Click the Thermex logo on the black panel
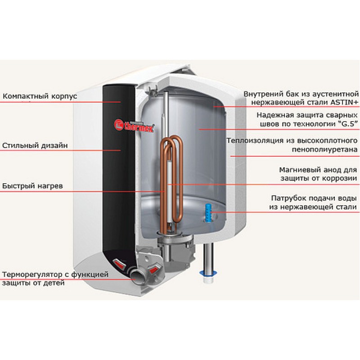point(134,126)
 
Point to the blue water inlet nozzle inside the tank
point(208,211)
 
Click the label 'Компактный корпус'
point(40,96)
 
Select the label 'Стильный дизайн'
point(35,145)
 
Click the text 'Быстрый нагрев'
point(32,186)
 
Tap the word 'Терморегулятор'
point(32,274)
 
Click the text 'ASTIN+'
point(344,103)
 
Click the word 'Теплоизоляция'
point(255,140)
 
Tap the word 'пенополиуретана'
point(324,150)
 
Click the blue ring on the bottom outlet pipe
point(208,273)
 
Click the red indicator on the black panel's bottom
point(119,264)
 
